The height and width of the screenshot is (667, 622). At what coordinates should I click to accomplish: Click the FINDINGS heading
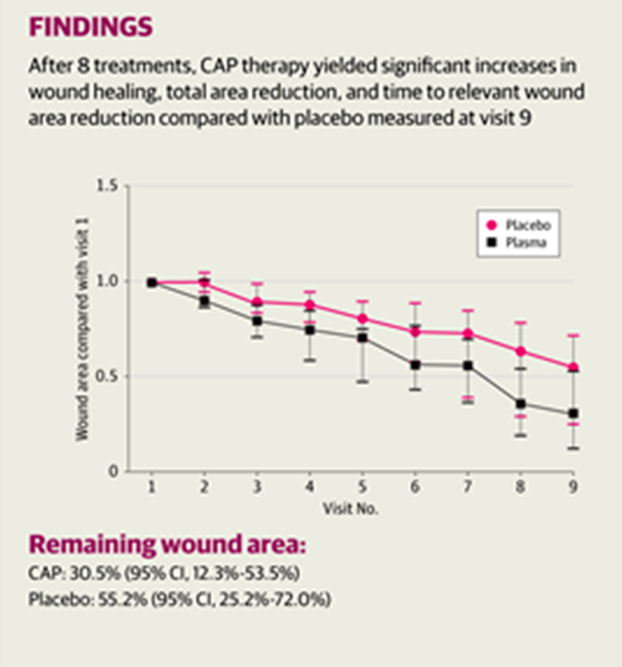90,27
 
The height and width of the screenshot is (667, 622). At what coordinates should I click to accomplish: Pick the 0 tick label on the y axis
114,471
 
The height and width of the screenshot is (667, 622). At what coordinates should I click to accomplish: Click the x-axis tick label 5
362,487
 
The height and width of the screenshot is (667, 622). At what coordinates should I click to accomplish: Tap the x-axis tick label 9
573,487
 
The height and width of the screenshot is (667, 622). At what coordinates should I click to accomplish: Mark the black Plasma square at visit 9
573,414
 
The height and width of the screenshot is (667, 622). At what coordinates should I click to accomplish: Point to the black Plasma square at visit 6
415,365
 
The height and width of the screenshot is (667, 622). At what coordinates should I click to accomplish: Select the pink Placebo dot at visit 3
257,302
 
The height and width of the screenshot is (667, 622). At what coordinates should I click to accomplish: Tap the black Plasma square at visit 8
521,404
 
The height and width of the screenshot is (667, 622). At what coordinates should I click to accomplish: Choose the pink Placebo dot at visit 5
362,318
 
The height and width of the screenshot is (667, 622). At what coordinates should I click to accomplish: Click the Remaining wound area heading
166,545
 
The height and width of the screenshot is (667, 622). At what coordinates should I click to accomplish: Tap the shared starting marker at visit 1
152,282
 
